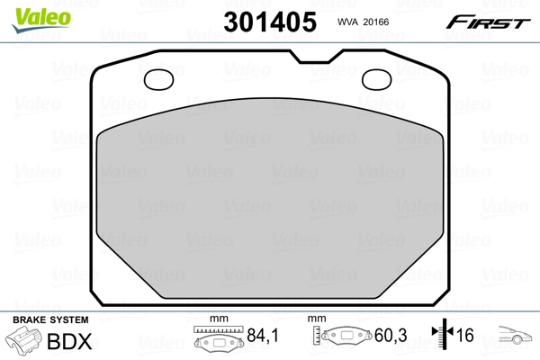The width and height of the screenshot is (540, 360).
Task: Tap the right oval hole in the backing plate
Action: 377,80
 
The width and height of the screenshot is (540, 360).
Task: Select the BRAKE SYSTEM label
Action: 50,320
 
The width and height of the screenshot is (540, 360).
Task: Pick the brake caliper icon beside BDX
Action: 23,343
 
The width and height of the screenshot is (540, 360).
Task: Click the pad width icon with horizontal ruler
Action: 219,341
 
